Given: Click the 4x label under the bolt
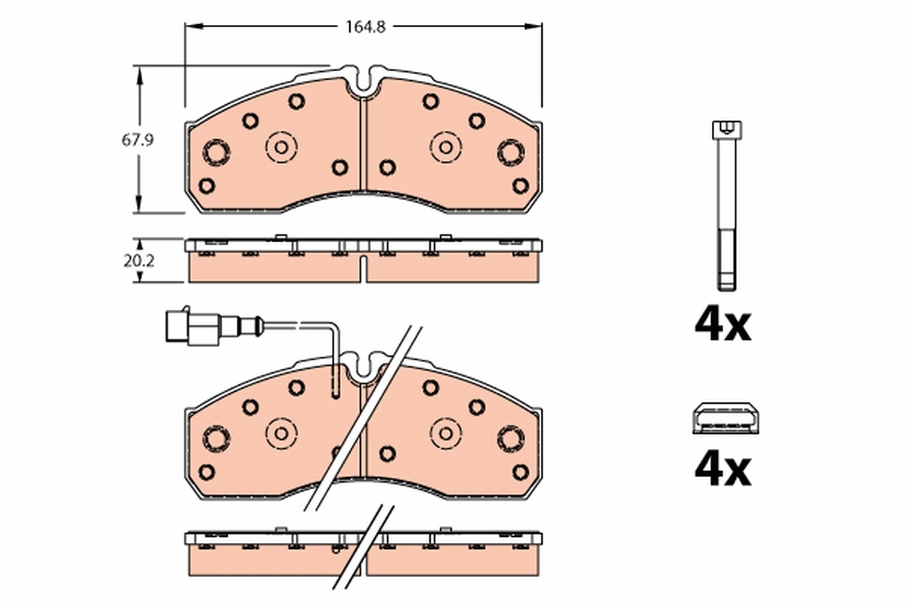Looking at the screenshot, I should [x=723, y=325].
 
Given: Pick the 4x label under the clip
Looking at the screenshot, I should [x=723, y=470].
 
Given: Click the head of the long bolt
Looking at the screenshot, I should [x=725, y=130].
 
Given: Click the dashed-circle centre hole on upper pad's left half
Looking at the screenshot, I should [x=281, y=147].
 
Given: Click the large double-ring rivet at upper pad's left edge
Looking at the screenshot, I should [x=217, y=153].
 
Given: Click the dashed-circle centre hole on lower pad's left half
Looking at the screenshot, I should [x=281, y=433].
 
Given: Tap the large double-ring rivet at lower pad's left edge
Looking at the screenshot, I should [x=217, y=439].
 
